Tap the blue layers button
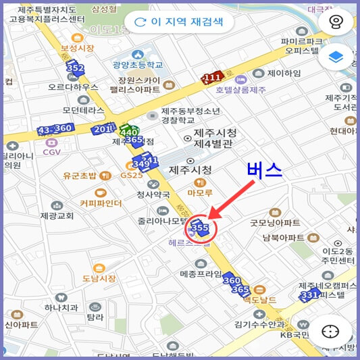[335, 58]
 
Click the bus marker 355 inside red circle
[200, 228]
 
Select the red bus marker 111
[212, 78]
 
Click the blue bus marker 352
[75, 68]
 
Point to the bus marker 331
[309, 295]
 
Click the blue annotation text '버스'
[263, 170]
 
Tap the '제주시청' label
[190, 170]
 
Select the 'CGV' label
[52, 152]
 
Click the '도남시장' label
[99, 278]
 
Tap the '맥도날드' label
[261, 299]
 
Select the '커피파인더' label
[101, 203]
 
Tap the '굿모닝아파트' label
[275, 222]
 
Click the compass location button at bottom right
[330, 332]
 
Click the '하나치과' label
[62, 307]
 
